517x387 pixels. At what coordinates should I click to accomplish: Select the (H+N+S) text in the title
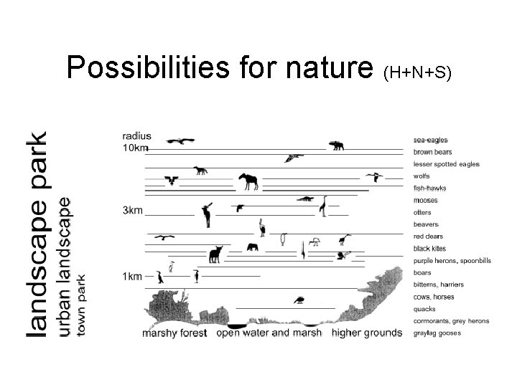point(418,72)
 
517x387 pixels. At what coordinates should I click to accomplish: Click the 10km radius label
point(134,148)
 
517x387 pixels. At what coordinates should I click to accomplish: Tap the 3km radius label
point(131,211)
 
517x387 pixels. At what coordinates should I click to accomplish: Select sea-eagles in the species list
point(431,140)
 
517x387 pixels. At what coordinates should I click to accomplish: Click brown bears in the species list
point(433,152)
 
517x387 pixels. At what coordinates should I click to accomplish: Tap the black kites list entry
point(430,248)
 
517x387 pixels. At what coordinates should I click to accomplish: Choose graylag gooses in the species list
point(437,333)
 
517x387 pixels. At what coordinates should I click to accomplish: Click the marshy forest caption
point(174,333)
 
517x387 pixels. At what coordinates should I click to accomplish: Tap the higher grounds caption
point(367,333)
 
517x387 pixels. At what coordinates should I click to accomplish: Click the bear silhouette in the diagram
point(336,146)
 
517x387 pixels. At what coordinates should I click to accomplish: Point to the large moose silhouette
point(248,182)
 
